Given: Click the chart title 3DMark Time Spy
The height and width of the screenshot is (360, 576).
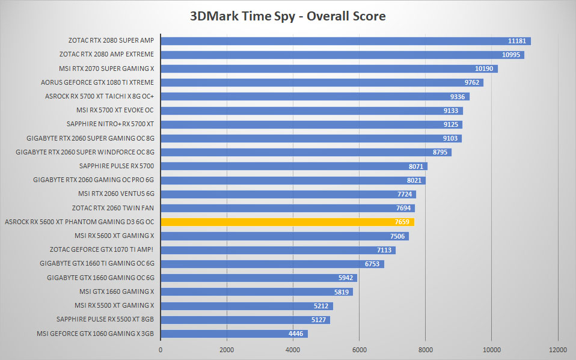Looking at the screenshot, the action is coord(243,17).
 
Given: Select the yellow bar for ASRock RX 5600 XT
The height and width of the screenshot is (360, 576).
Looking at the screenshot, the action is coord(287,222).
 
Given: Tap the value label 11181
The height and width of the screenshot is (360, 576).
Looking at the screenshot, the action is coord(517,41).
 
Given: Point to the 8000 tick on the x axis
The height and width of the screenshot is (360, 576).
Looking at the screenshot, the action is coord(426,350).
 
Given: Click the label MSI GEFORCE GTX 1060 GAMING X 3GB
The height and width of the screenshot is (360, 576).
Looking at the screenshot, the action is coord(95,334).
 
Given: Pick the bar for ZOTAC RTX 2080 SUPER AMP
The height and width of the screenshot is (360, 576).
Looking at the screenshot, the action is coord(346,41).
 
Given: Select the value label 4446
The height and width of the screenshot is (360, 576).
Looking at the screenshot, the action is coord(296,334).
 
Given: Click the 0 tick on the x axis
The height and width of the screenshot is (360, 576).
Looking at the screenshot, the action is coord(161,350).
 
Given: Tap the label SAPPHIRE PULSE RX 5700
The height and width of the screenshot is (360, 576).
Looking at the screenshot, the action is coord(117,166).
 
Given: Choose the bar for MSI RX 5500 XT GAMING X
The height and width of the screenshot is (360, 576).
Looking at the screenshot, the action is coord(247,306).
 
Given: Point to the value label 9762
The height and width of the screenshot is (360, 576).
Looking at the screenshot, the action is coord(471,82).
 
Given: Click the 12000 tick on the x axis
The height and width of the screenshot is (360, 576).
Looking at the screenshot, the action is coord(557,350).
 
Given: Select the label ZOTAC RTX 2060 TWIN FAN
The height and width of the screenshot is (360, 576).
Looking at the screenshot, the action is coord(113,208).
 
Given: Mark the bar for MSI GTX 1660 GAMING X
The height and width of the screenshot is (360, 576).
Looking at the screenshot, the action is coord(257,292).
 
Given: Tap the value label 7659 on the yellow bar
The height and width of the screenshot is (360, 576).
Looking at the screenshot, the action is coord(402,222).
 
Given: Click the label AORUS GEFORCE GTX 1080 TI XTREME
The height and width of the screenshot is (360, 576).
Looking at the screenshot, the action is coord(97,82).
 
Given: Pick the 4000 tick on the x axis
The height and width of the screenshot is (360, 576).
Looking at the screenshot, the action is coord(293,350).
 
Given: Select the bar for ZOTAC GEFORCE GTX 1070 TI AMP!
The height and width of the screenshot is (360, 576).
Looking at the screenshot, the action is coord(278,250).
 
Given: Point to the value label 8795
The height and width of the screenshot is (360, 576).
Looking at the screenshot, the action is coord(440,152).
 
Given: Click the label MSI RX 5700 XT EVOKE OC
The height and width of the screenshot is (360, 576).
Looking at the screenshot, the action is coord(115,110).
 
